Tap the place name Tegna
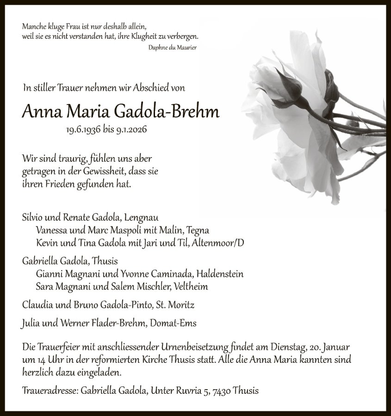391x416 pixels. pos(198,230)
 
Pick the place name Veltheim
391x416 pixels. pos(191,287)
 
